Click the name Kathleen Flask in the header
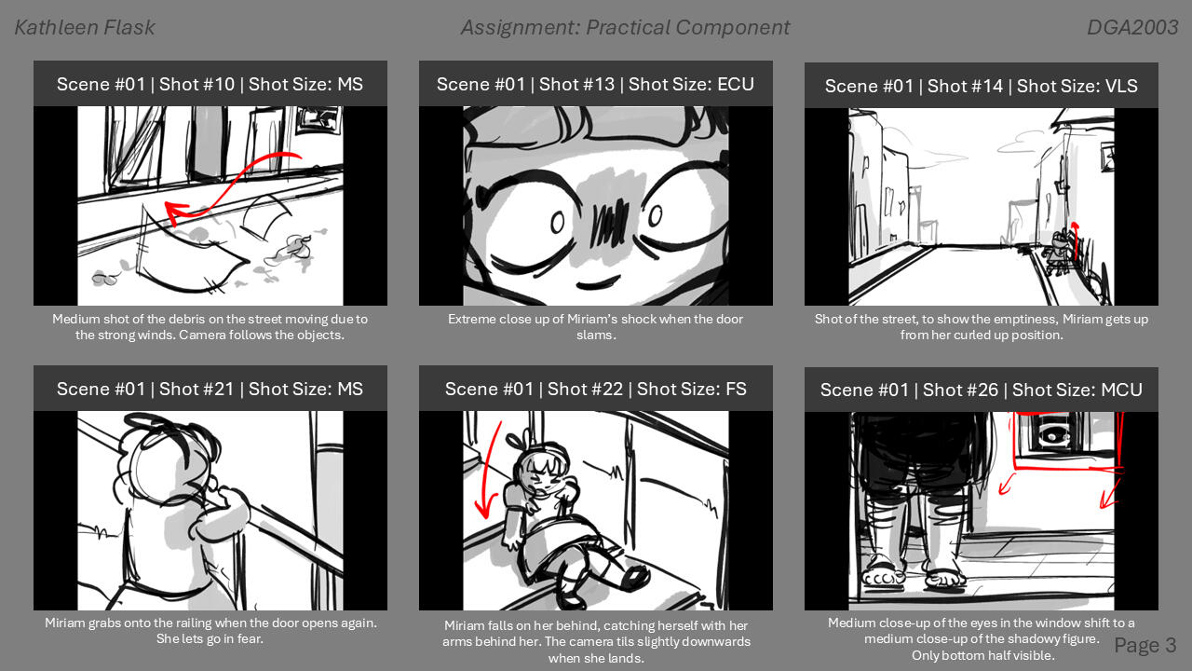point(85,28)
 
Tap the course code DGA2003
point(1132,28)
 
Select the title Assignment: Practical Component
point(625,28)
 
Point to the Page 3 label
point(1145,645)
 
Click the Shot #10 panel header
point(210,84)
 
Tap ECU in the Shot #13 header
point(736,84)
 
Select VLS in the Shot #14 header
point(1117,86)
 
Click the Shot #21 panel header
point(210,389)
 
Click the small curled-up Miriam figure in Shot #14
point(1061,252)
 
